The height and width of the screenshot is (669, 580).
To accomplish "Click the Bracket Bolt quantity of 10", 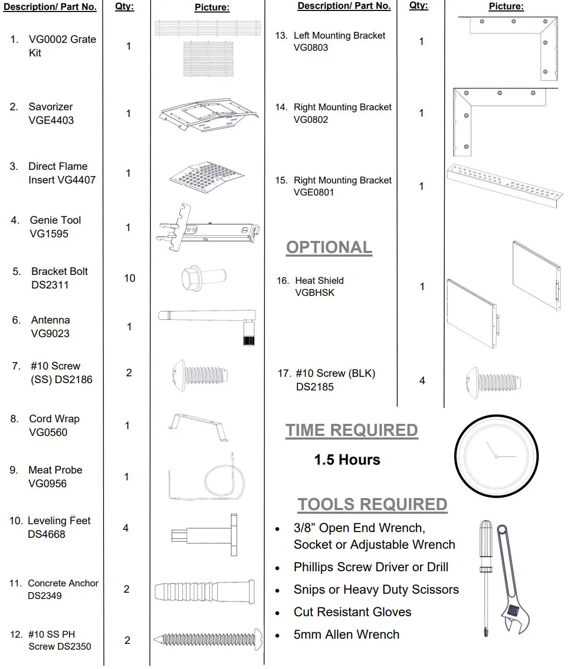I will coord(130,278).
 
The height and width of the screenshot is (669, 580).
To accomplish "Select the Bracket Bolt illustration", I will coord(204,277).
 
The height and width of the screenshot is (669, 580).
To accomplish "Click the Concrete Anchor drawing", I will coord(205,592).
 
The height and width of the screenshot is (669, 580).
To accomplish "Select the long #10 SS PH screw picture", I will coord(208,639).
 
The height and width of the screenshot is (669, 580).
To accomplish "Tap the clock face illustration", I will coord(496,456).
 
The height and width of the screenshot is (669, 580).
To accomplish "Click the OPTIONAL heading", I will coord(329,247).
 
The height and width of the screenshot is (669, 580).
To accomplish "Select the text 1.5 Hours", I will coord(347,460).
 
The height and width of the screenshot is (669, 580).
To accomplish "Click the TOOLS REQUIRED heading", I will coord(372,504).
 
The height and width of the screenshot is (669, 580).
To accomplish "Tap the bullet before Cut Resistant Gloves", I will coord(277,613).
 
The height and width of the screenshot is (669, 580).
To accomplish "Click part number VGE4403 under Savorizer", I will coord(51,120).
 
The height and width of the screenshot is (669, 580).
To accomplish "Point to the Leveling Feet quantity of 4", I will coord(125,528).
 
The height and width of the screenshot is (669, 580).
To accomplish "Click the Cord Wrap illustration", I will coord(199,426).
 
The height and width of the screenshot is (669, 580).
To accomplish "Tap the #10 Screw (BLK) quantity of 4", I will coord(422,380).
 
